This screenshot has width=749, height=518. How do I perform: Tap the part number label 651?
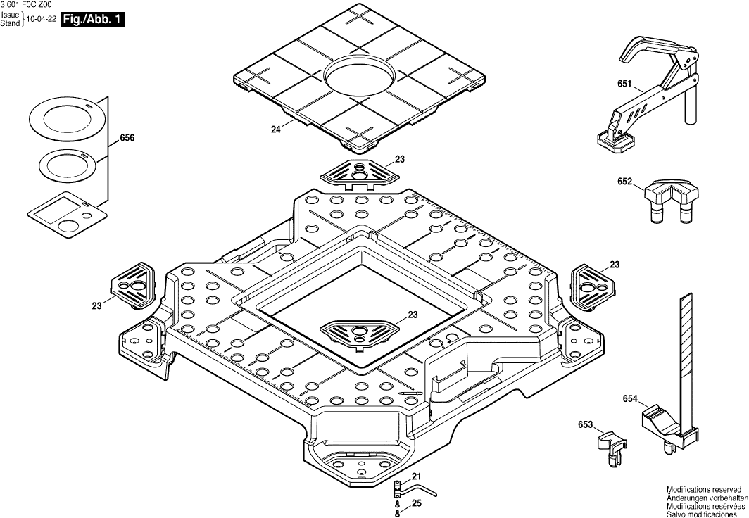624,84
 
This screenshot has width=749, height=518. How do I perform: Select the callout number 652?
624,182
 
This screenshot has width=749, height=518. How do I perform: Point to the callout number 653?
585,425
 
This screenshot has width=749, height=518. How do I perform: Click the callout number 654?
630,399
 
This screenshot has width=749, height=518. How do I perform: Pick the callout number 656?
127,139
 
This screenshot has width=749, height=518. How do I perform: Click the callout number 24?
276,129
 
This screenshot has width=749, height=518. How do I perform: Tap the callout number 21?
416,476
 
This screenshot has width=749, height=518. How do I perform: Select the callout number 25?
416,503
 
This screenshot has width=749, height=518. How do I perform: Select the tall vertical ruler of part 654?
687,352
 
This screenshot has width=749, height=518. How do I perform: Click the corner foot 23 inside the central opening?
359,331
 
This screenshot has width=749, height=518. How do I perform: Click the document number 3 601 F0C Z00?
26,4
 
